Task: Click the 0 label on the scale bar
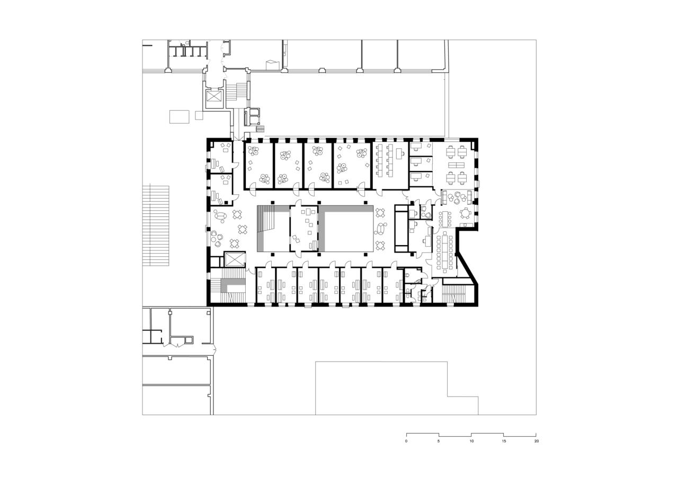click(x=406, y=441)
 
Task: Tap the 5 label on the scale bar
click(x=439, y=441)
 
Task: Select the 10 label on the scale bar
click(x=471, y=441)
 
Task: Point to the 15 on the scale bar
click(x=504, y=441)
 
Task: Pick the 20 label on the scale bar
click(x=536, y=441)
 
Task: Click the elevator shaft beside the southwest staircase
click(x=235, y=259)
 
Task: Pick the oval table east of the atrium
click(x=379, y=229)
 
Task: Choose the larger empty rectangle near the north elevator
click(x=180, y=116)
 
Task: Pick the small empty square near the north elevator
click(x=199, y=115)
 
